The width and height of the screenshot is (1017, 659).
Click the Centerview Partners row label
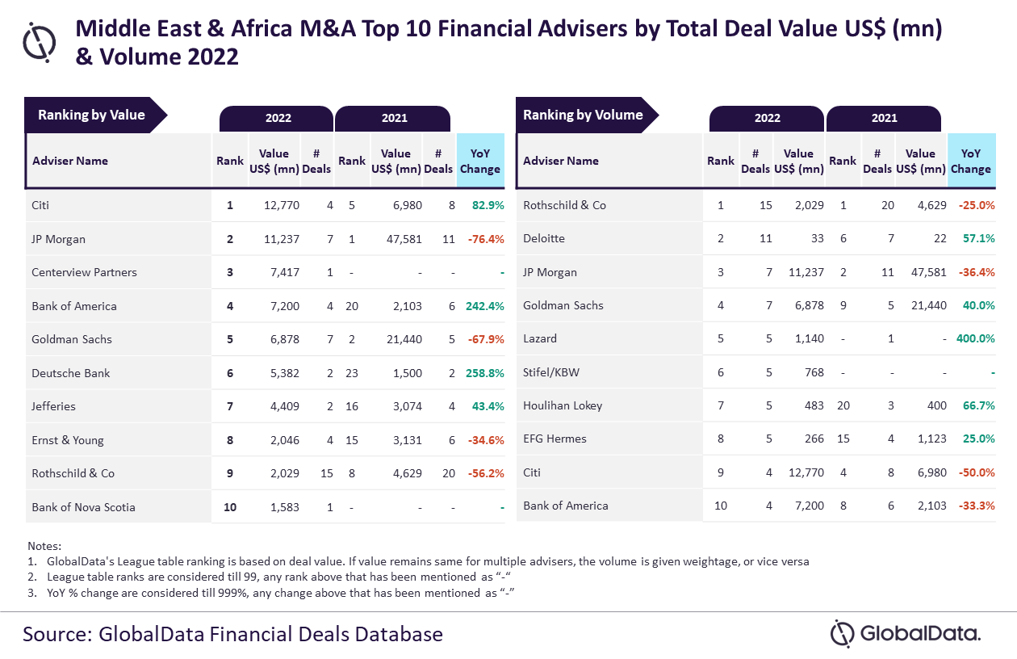coord(84,272)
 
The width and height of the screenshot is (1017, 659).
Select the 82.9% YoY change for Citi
coord(488,205)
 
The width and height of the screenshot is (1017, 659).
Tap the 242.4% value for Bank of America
coord(484,306)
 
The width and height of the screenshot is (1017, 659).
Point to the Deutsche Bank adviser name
coord(71,373)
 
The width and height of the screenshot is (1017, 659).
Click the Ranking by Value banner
coord(91,115)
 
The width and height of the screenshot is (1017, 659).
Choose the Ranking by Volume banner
coord(583,115)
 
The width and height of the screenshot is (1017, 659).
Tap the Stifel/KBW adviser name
coord(551,372)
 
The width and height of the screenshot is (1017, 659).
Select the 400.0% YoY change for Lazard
coord(975,338)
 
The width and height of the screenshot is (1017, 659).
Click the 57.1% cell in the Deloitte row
coord(978,238)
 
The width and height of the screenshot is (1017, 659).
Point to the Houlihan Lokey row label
coord(563,405)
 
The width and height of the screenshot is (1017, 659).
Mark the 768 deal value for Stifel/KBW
coord(814,372)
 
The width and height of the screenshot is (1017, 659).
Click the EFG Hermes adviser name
coord(555,439)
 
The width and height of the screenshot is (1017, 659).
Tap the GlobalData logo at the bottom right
coord(906,633)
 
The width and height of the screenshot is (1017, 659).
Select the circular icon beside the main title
coord(39,42)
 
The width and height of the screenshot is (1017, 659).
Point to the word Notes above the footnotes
coord(44,546)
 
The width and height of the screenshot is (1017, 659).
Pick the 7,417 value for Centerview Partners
coord(282,272)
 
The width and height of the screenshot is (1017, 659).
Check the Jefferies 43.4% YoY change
coord(488,406)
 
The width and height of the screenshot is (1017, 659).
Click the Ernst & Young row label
coord(68,440)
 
